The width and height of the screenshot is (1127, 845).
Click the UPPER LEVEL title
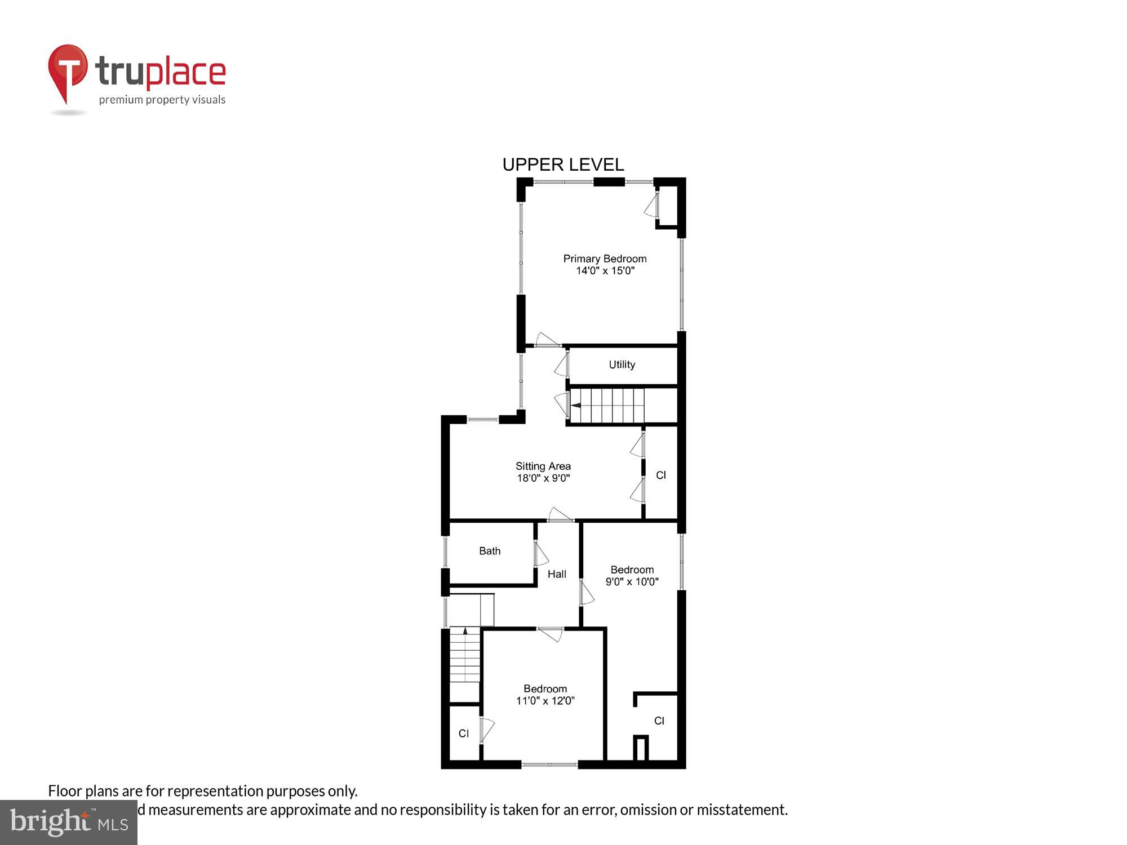click(x=563, y=164)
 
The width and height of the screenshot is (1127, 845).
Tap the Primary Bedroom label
click(x=605, y=259)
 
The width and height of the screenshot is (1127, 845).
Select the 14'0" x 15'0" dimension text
click(x=605, y=271)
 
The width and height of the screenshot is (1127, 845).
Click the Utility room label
click(x=622, y=364)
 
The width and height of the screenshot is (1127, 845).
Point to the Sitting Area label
click(x=543, y=466)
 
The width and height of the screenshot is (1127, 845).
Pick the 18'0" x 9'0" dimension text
click(x=543, y=478)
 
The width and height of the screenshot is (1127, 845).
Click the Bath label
click(x=490, y=551)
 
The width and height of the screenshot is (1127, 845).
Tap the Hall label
click(x=557, y=574)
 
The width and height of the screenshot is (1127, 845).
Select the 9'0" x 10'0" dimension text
click(x=632, y=582)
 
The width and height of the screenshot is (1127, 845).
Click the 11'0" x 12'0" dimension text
click(x=545, y=701)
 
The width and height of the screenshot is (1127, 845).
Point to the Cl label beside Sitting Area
click(x=661, y=475)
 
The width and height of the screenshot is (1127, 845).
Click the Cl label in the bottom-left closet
click(x=464, y=733)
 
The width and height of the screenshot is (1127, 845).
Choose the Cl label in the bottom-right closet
click(x=659, y=721)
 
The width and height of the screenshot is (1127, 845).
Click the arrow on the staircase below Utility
click(x=576, y=405)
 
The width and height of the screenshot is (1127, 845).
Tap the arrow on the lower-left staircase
click(x=465, y=631)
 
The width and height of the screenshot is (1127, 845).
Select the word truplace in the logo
click(x=161, y=72)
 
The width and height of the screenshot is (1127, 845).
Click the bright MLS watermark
click(x=69, y=822)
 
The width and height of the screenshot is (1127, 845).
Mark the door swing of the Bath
click(x=540, y=554)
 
